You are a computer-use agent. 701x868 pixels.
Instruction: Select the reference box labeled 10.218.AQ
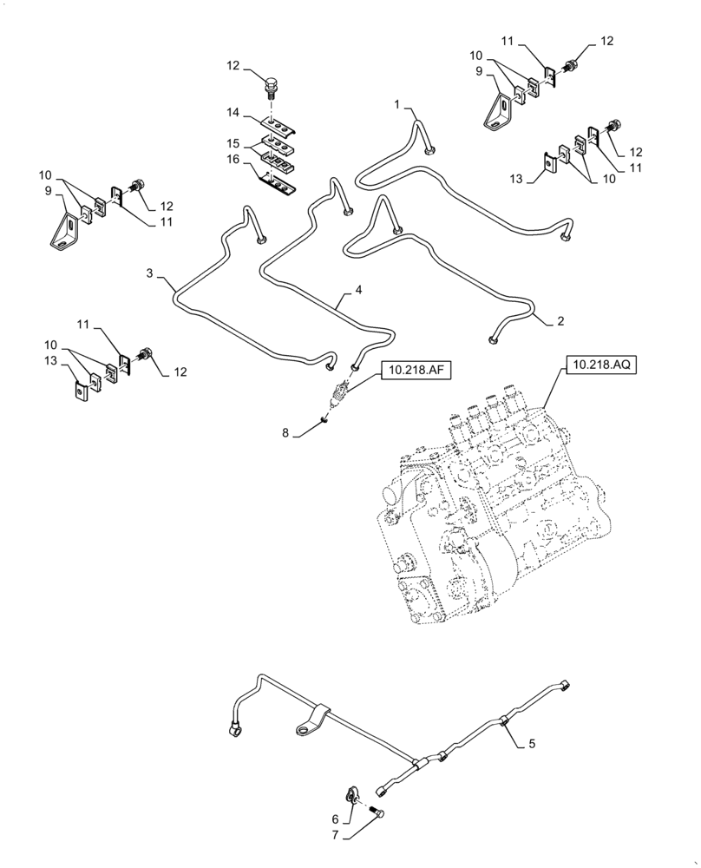[x=601, y=365]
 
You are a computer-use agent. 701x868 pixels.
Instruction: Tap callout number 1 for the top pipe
[x=396, y=104]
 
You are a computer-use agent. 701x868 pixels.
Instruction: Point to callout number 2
[x=560, y=321]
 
